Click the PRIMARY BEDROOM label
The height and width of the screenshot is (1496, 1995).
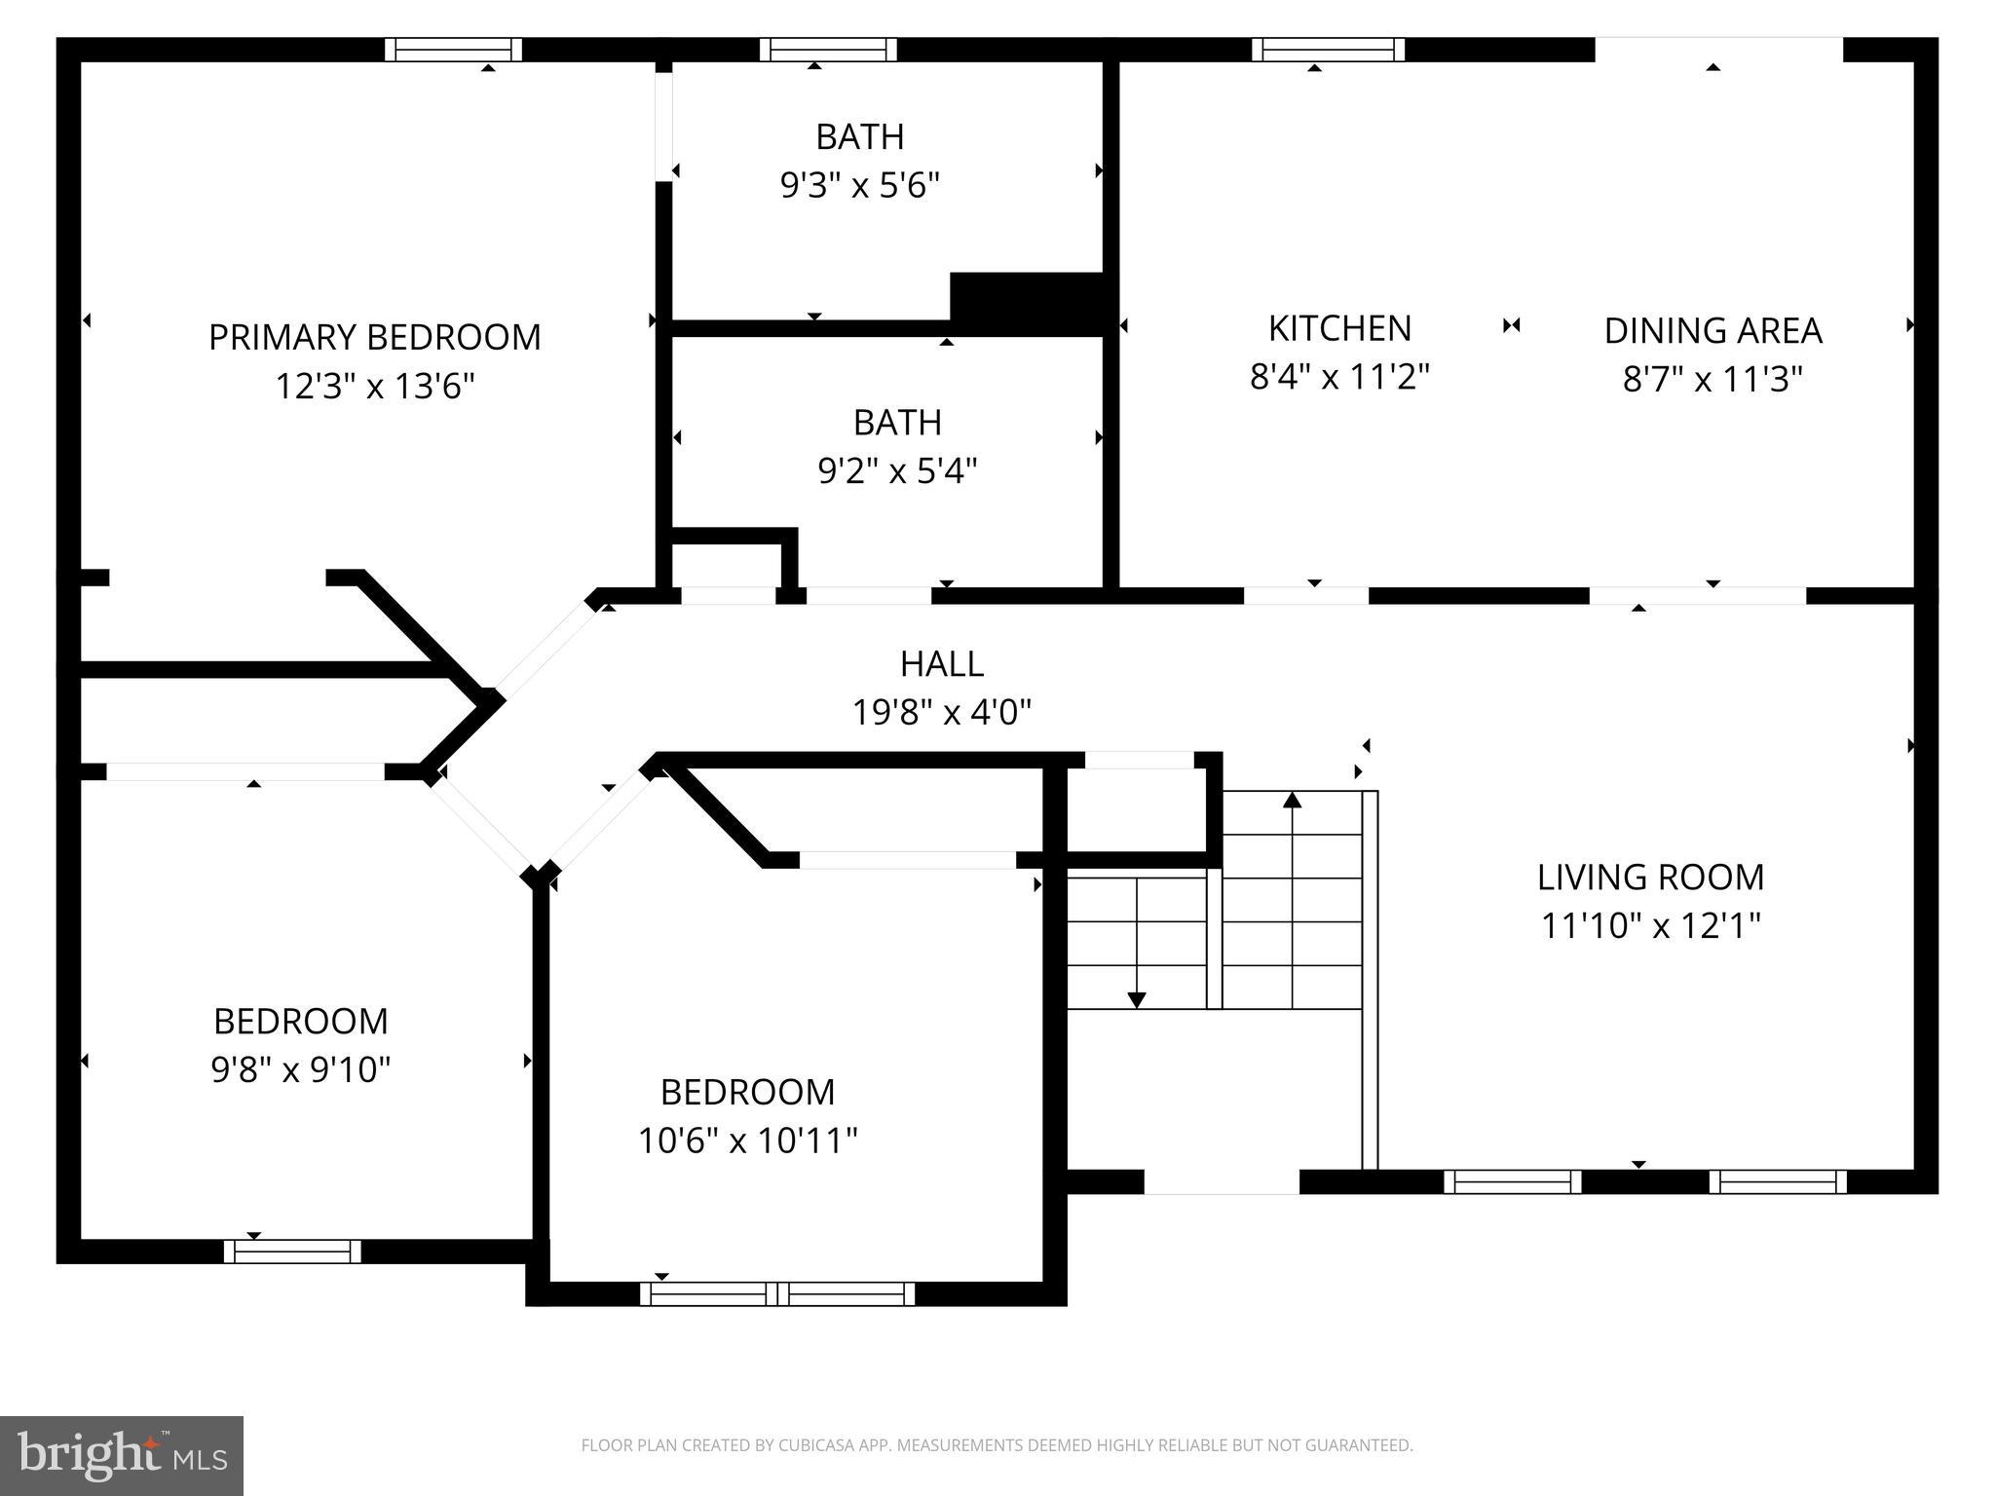click(374, 337)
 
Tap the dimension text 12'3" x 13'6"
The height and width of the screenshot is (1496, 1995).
click(374, 387)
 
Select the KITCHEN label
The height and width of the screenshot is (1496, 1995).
click(1339, 328)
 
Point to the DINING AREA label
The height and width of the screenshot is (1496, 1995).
click(1713, 331)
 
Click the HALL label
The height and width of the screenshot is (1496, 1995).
click(941, 663)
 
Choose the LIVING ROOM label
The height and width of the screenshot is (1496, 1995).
click(1650, 877)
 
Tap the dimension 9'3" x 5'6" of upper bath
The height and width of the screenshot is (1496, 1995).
click(859, 184)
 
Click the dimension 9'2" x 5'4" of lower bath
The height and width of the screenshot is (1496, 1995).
click(896, 470)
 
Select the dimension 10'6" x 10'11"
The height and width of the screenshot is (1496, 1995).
click(747, 1140)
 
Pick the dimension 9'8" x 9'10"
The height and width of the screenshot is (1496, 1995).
click(300, 1069)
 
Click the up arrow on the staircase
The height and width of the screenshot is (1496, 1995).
click(1292, 801)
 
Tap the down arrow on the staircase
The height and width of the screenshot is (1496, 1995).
click(1136, 998)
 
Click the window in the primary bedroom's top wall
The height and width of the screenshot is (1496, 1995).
click(453, 50)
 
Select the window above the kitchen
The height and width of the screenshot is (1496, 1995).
click(1328, 50)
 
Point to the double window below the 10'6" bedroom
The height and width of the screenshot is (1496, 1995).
click(777, 1293)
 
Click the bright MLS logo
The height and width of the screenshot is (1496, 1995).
click(121, 1455)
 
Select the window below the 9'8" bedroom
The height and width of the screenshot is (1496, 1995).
click(292, 1252)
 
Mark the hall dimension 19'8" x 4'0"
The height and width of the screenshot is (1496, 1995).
click(941, 712)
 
